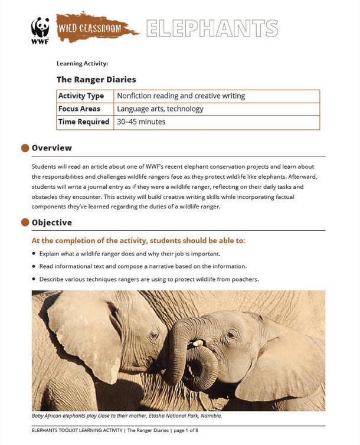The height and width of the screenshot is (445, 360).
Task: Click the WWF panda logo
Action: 40,30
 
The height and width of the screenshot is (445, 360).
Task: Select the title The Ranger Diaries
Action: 96,79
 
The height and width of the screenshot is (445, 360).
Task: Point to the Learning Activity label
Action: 82,63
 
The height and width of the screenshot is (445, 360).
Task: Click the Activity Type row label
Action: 81,96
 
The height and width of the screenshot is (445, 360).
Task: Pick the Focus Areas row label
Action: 80,109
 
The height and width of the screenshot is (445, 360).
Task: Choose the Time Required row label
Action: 84,122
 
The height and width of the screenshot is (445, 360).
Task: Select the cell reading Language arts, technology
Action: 160,109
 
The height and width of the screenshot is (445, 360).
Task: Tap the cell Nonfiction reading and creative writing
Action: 181,96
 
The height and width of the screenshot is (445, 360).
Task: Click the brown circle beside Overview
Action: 25,148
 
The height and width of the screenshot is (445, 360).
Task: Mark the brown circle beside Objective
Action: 25,222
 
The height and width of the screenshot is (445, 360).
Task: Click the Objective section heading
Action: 52,222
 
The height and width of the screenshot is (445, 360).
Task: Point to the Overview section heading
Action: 52,148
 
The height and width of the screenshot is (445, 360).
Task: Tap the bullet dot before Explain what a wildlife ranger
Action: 34,254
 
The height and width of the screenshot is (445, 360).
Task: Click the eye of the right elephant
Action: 230,335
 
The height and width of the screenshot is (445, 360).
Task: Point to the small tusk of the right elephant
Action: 198,343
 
